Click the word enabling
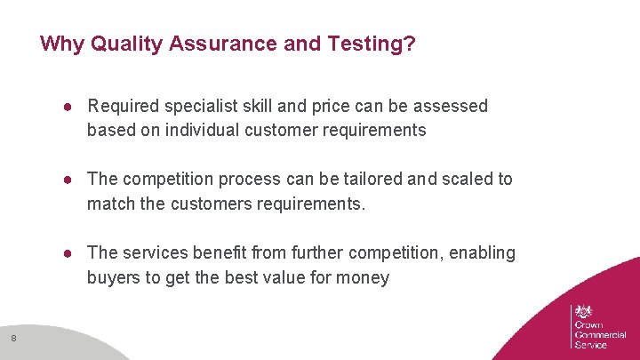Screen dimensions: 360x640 [x=483, y=253]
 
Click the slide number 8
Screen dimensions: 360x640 [x=13, y=337]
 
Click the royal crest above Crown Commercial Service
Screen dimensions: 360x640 [x=583, y=311]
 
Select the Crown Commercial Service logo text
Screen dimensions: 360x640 [x=600, y=334]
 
